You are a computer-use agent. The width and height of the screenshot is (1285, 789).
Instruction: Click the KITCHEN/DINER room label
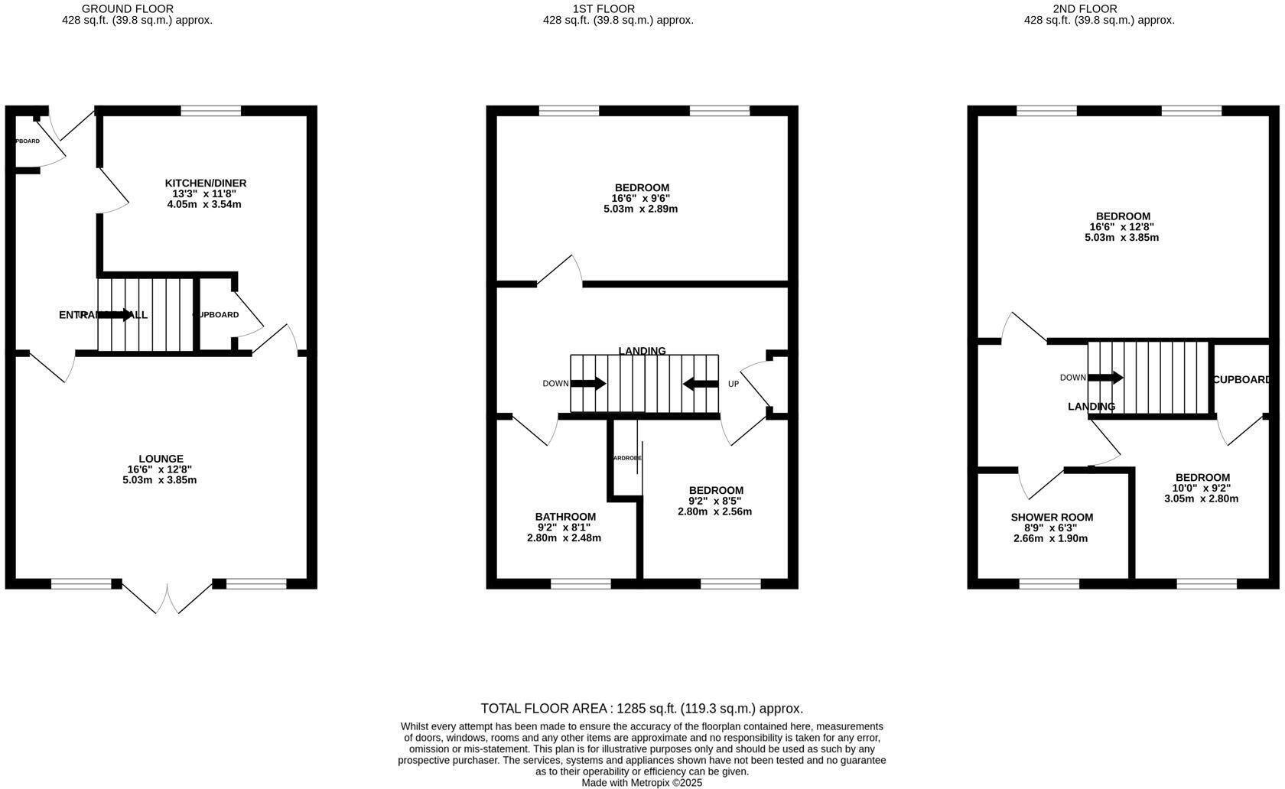click(205, 183)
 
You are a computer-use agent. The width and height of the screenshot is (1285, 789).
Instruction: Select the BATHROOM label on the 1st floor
click(564, 517)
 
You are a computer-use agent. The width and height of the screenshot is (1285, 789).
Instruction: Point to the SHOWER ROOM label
click(1051, 518)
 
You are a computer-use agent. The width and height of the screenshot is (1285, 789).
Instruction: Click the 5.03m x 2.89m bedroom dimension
click(640, 209)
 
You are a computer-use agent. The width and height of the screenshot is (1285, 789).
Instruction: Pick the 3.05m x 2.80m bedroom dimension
click(1201, 498)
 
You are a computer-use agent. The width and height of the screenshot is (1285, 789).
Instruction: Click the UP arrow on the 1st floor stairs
click(701, 384)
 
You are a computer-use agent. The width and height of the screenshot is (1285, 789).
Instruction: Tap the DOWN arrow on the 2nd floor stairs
click(1105, 378)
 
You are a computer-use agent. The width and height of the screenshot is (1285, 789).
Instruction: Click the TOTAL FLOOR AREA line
click(641, 709)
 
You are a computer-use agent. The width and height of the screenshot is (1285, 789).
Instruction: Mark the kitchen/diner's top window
click(210, 111)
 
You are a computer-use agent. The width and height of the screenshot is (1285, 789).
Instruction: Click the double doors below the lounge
click(167, 597)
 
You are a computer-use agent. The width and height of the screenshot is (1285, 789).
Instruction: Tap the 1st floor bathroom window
click(581, 583)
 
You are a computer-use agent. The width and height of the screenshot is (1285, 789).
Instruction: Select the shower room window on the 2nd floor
click(1049, 583)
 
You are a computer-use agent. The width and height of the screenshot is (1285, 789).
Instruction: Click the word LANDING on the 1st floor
click(642, 351)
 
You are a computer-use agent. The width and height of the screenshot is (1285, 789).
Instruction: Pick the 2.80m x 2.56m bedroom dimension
click(714, 511)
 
